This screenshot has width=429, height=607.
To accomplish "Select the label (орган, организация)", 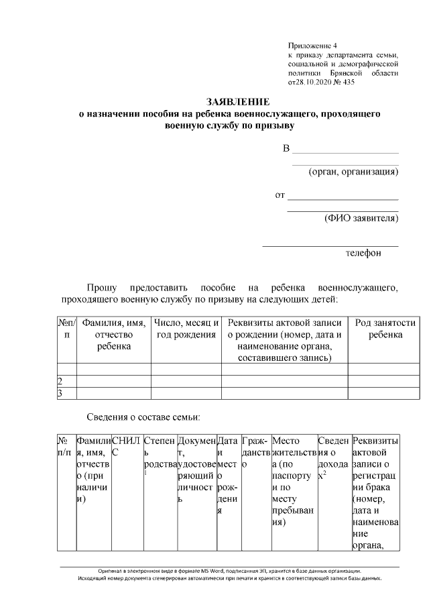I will coord(353,172).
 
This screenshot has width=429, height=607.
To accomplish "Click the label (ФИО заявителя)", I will coord(361,217).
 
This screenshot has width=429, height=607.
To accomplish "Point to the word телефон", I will coord(363,253).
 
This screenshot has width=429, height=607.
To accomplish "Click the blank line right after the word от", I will coord(343,196).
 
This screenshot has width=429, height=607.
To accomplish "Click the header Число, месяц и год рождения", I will coord(186,329).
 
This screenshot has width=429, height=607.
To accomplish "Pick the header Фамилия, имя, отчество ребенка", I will coord(113,334).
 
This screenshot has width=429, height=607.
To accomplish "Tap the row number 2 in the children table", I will coord(60,381).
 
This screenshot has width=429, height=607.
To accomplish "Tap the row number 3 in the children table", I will coord(60,393).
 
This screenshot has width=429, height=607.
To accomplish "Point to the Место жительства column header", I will coord(292,447).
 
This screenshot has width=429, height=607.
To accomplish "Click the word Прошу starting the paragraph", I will coord(102,286).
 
